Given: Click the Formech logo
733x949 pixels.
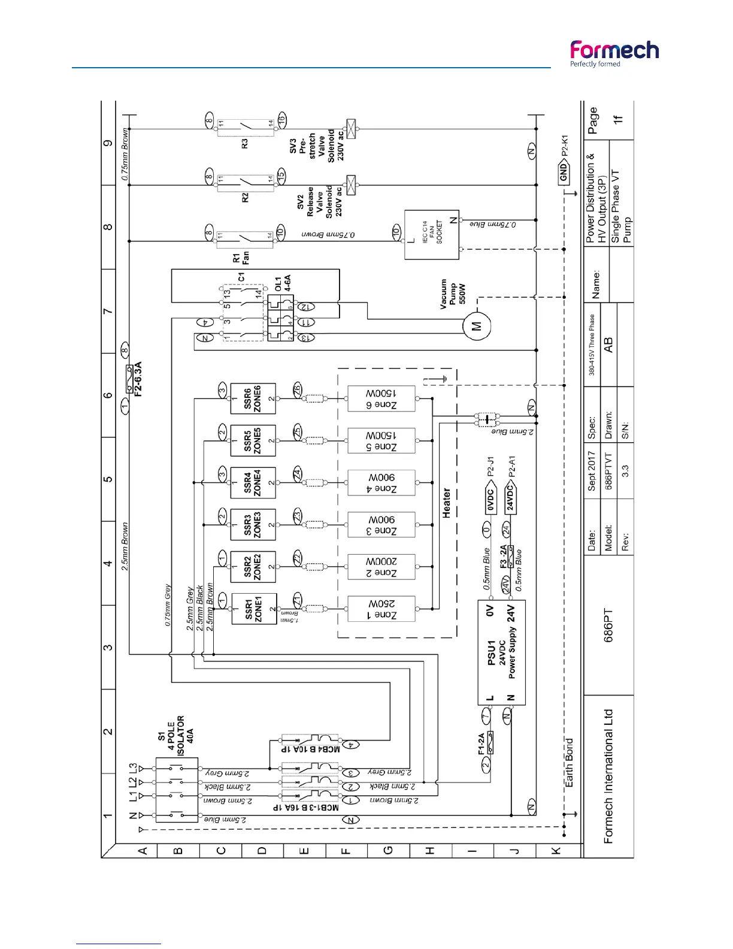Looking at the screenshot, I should pos(614,53).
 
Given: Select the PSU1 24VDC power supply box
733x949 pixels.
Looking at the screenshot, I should pos(501,653).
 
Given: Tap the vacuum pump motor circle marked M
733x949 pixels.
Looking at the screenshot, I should pos(477,326).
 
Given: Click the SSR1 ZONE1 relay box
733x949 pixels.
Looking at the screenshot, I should pos(254,609).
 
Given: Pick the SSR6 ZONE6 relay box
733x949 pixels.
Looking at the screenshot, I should pos(253,398).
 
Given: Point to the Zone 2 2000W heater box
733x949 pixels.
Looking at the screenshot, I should pos(381,567).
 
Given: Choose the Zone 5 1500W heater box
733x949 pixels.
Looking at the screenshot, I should pos(381,441).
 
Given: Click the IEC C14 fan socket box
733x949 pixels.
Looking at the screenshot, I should pos(432,234).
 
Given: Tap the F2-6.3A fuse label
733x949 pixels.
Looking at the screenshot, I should pos(138,379).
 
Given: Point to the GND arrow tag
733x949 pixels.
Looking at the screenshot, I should pos(564,174).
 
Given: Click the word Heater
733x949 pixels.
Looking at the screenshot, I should pos(446,502).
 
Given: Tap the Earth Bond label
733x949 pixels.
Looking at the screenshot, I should pos(569,762).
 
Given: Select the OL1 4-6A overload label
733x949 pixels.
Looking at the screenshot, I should pos(283,283).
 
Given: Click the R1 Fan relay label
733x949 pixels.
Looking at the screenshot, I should pos(241,258).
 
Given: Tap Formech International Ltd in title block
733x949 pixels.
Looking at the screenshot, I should pos(608,776).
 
